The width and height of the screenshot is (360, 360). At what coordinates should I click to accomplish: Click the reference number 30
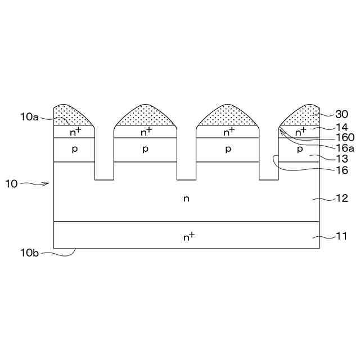(341, 114)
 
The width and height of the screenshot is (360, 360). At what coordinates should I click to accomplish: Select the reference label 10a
(30, 117)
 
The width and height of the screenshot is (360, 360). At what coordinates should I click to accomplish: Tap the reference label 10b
(30, 253)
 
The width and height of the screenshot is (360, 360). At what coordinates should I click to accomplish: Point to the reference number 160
(345, 137)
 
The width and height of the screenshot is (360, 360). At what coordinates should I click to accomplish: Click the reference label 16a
(345, 148)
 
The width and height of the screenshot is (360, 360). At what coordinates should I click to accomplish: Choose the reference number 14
(341, 127)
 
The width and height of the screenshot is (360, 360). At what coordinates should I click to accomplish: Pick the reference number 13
(341, 159)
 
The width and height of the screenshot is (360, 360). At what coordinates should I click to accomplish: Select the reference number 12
(341, 199)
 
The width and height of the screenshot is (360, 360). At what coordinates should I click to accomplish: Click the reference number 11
(341, 236)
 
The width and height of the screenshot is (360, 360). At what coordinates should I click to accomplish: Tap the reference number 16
(341, 170)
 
